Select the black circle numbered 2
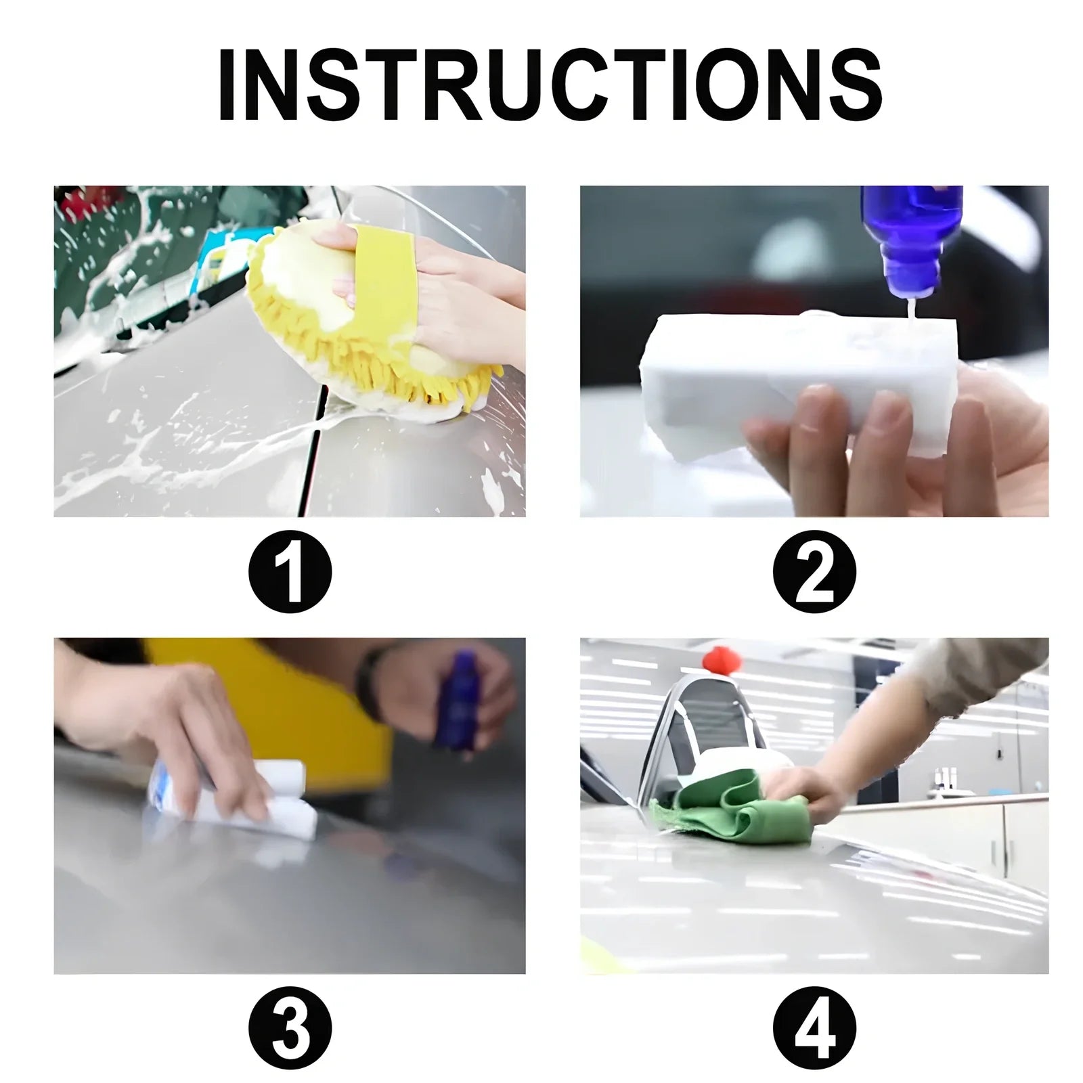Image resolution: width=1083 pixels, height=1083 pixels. (814, 573)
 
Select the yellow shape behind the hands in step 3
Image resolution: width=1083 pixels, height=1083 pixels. (271, 697)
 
